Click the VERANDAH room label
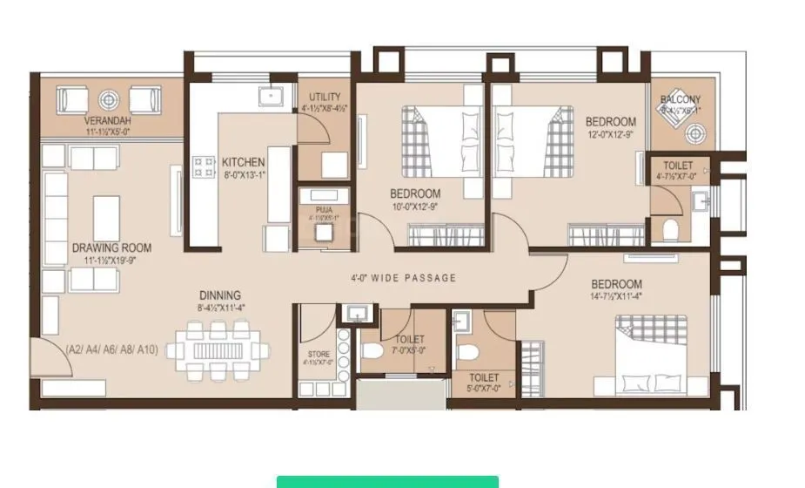[x=108, y=119]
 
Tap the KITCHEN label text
[x=243, y=162]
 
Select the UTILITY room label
[x=325, y=97]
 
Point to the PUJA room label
[x=323, y=209]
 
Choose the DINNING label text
[x=218, y=295]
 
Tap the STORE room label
[x=318, y=354]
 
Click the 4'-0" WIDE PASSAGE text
[x=403, y=278]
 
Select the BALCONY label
[x=680, y=99]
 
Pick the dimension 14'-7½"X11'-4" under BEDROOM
[x=616, y=296]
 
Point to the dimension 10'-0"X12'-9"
[x=415, y=207]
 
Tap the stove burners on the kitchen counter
[x=204, y=166]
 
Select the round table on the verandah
[x=110, y=99]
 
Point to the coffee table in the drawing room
[x=106, y=218]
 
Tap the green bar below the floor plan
[x=387, y=481]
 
